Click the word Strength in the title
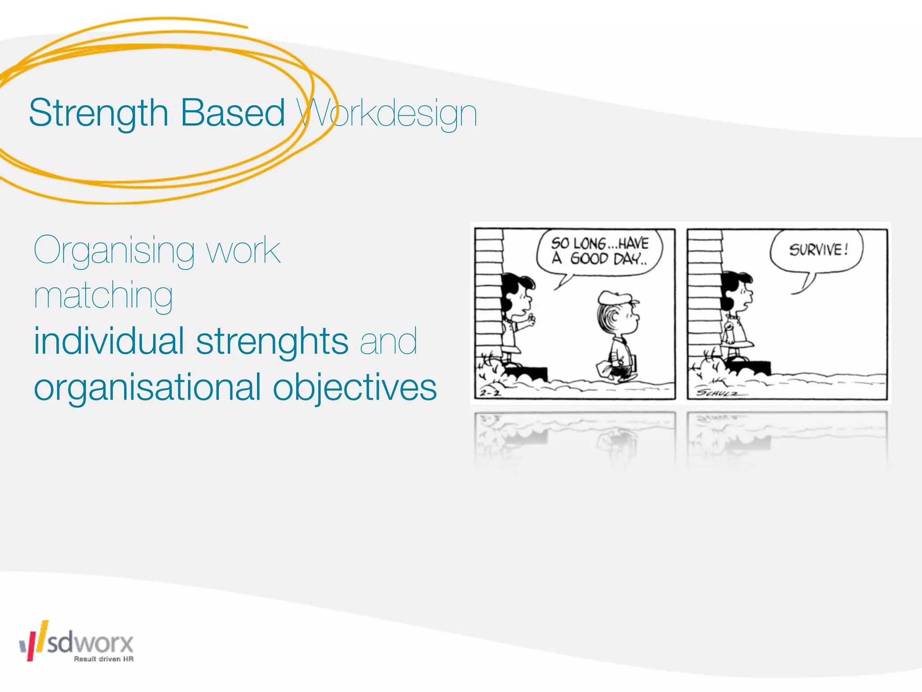98,113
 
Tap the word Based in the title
232,113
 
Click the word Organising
114,250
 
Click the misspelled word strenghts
272,341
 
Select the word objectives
355,387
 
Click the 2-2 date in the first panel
490,393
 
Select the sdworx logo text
90,642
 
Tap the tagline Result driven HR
104,659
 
